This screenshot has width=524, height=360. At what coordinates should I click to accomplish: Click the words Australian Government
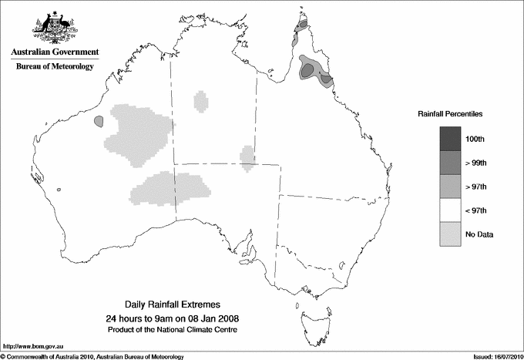(x=55, y=52)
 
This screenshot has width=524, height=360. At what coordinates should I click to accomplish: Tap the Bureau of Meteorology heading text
(x=55, y=67)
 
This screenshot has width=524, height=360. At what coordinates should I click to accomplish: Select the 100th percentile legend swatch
(x=451, y=138)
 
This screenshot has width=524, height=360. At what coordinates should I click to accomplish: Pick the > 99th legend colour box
(x=451, y=162)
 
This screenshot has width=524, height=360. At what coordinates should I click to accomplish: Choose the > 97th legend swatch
(x=451, y=186)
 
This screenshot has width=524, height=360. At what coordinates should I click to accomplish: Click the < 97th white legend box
(x=451, y=210)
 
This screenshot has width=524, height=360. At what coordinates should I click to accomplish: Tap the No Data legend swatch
(x=451, y=234)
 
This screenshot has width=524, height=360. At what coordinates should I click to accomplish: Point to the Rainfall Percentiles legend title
(x=450, y=114)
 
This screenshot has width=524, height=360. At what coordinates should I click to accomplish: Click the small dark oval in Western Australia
(x=99, y=121)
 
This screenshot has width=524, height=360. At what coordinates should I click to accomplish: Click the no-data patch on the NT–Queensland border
(x=247, y=156)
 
